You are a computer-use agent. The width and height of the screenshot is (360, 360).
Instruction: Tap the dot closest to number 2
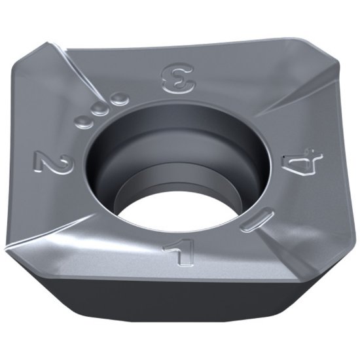pos(84,120)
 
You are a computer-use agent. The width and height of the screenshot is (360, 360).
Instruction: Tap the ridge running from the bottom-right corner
pos(281,245)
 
